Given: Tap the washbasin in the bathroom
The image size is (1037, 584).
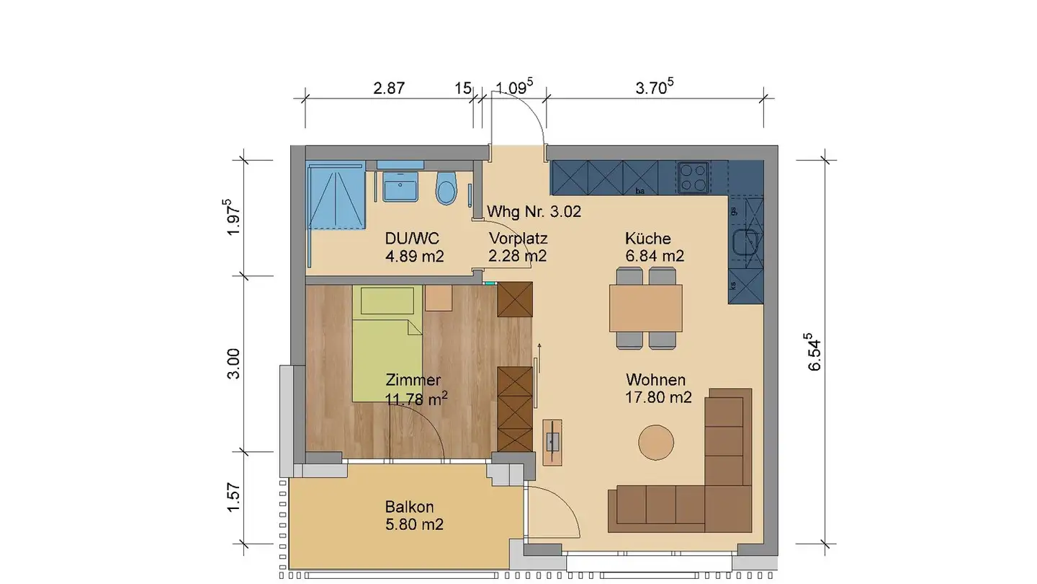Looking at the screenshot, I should tap(400, 190).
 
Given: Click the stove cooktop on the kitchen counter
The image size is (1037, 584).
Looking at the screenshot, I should tap(693, 177).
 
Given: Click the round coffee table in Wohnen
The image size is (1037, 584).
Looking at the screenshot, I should tap(656, 442).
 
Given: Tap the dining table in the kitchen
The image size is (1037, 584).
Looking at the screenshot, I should tap(646, 308).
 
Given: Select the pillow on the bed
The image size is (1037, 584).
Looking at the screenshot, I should tap(387, 300).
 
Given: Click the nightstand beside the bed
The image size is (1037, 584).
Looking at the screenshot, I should tap(439, 297).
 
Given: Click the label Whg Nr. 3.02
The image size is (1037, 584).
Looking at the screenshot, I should tap(534, 212).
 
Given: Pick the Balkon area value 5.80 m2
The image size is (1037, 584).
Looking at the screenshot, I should tap(414, 525).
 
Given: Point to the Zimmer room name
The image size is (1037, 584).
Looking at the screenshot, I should tap(413, 380).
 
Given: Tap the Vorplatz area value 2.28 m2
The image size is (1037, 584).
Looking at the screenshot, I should tap(518, 256).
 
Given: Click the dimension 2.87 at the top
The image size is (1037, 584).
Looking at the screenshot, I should tap(389, 89).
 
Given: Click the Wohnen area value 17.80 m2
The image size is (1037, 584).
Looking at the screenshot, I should tap(659, 397).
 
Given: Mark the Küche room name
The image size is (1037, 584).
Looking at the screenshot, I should tap(647, 239).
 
